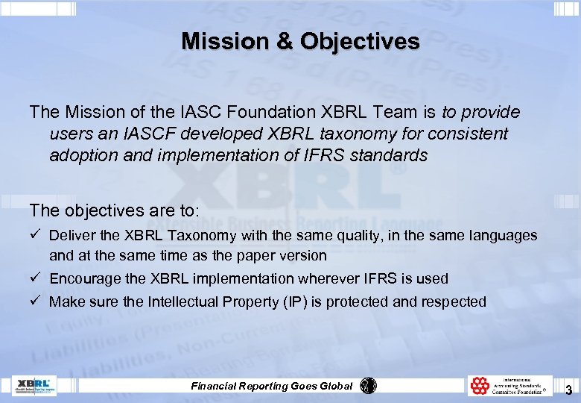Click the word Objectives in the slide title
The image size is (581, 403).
(x=360, y=41)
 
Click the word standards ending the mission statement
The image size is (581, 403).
(x=388, y=155)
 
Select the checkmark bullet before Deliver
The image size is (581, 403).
(x=35, y=235)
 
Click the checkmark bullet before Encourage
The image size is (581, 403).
(x=35, y=278)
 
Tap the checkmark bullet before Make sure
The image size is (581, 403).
(x=35, y=302)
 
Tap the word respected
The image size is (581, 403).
(x=454, y=302)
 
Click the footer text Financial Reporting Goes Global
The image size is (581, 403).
(x=272, y=386)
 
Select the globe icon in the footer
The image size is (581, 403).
(x=369, y=386)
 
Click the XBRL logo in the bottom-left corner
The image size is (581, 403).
(x=34, y=386)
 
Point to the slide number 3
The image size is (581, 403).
(x=568, y=390)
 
